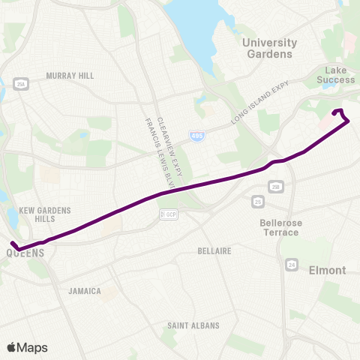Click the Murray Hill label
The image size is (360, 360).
click(x=69, y=76)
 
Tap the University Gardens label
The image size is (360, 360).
click(x=270, y=48)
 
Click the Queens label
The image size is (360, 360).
click(x=25, y=253)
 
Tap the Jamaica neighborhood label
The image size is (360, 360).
click(x=84, y=291)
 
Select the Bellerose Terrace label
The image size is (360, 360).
click(x=280, y=227)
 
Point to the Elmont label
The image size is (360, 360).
click(x=328, y=270)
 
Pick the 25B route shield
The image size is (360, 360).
click(x=276, y=186)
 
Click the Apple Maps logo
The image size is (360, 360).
click(x=27, y=347)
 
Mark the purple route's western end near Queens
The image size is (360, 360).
click(x=13, y=243)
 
